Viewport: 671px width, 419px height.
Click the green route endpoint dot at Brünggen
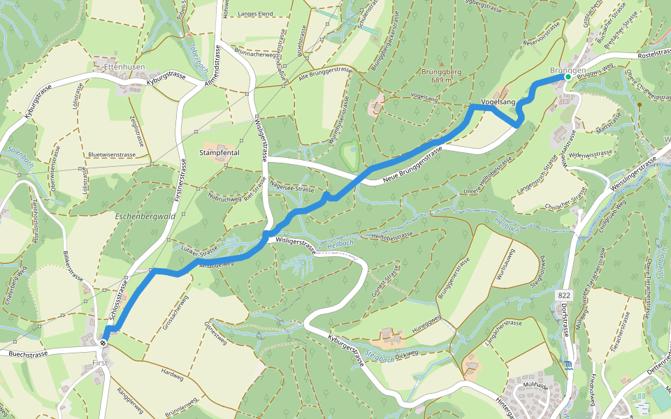(568, 78)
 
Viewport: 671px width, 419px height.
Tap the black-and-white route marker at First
(103, 343)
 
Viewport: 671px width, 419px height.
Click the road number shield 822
(565, 296)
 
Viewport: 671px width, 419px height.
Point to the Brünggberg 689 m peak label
(440, 75)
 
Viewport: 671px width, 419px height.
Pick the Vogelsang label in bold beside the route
(498, 103)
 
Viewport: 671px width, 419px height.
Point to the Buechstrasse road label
(28, 354)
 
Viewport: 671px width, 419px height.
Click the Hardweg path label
(171, 374)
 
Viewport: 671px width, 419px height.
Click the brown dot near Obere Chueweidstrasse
(639, 104)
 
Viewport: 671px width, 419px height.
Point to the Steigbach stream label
(380, 357)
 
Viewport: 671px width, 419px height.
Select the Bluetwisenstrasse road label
(111, 154)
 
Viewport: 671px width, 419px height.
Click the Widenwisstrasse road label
(591, 154)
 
